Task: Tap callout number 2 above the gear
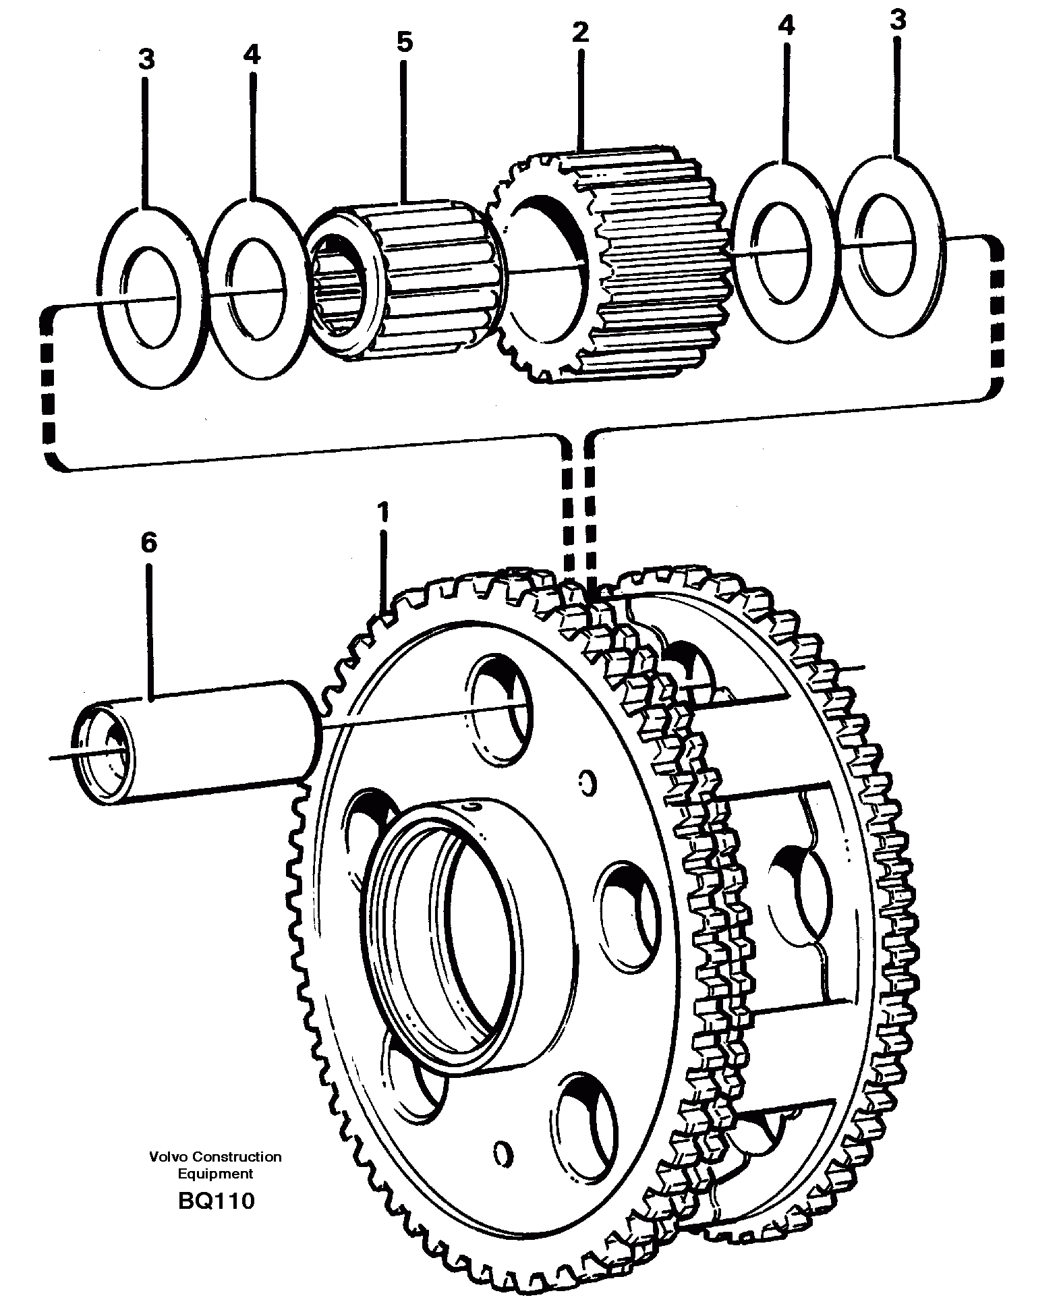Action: (580, 32)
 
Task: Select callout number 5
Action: (403, 42)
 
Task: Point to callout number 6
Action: (148, 542)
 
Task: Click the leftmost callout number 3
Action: (146, 59)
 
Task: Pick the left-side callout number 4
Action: (251, 54)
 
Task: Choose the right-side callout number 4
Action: (786, 26)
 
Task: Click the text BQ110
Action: (217, 1201)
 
